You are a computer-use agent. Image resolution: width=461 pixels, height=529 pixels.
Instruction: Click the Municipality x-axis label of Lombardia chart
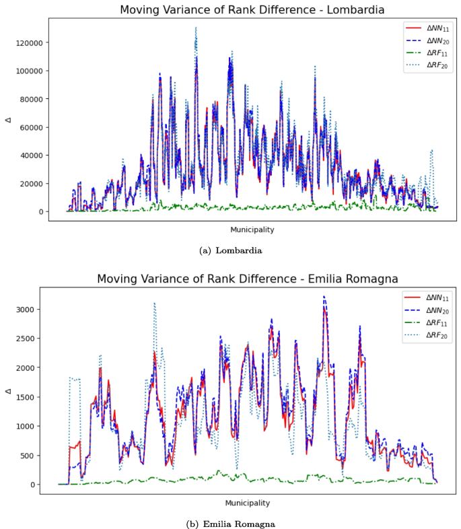[252, 230]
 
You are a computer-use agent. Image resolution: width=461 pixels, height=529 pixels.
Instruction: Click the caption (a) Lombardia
[232, 250]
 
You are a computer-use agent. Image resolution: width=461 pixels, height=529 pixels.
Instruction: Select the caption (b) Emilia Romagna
[230, 523]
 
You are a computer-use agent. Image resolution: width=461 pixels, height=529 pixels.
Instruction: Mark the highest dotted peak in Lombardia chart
[196, 28]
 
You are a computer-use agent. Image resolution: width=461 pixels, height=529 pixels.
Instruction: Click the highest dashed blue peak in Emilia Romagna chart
[324, 297]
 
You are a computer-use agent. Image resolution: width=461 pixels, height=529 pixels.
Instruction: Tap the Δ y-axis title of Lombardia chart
[8, 120]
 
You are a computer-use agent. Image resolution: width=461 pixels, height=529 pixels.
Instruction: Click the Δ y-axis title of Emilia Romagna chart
[8, 390]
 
